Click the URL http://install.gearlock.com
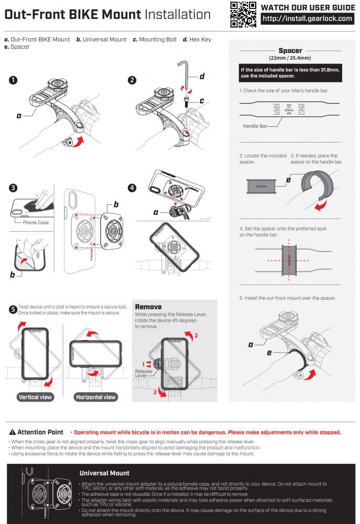click(x=307, y=19)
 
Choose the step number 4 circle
click(x=132, y=188)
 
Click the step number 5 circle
click(x=13, y=309)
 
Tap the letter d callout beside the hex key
click(x=202, y=77)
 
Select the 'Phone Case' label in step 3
click(x=36, y=222)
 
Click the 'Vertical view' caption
click(x=35, y=397)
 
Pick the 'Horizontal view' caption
click(x=96, y=397)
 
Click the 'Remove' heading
click(x=148, y=307)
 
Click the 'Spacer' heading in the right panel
click(x=290, y=51)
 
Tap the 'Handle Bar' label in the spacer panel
click(x=255, y=126)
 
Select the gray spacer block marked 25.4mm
click(x=261, y=185)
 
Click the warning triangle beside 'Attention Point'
click(x=13, y=432)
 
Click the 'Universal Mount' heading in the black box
click(x=104, y=473)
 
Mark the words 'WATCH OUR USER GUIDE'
click(x=307, y=7)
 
